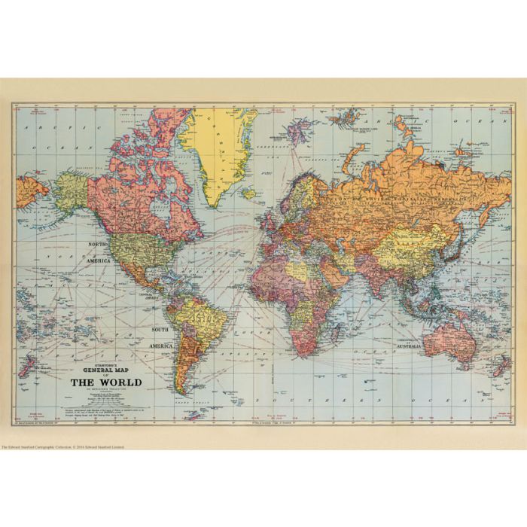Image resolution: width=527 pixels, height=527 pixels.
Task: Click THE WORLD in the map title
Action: click(x=105, y=382)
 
